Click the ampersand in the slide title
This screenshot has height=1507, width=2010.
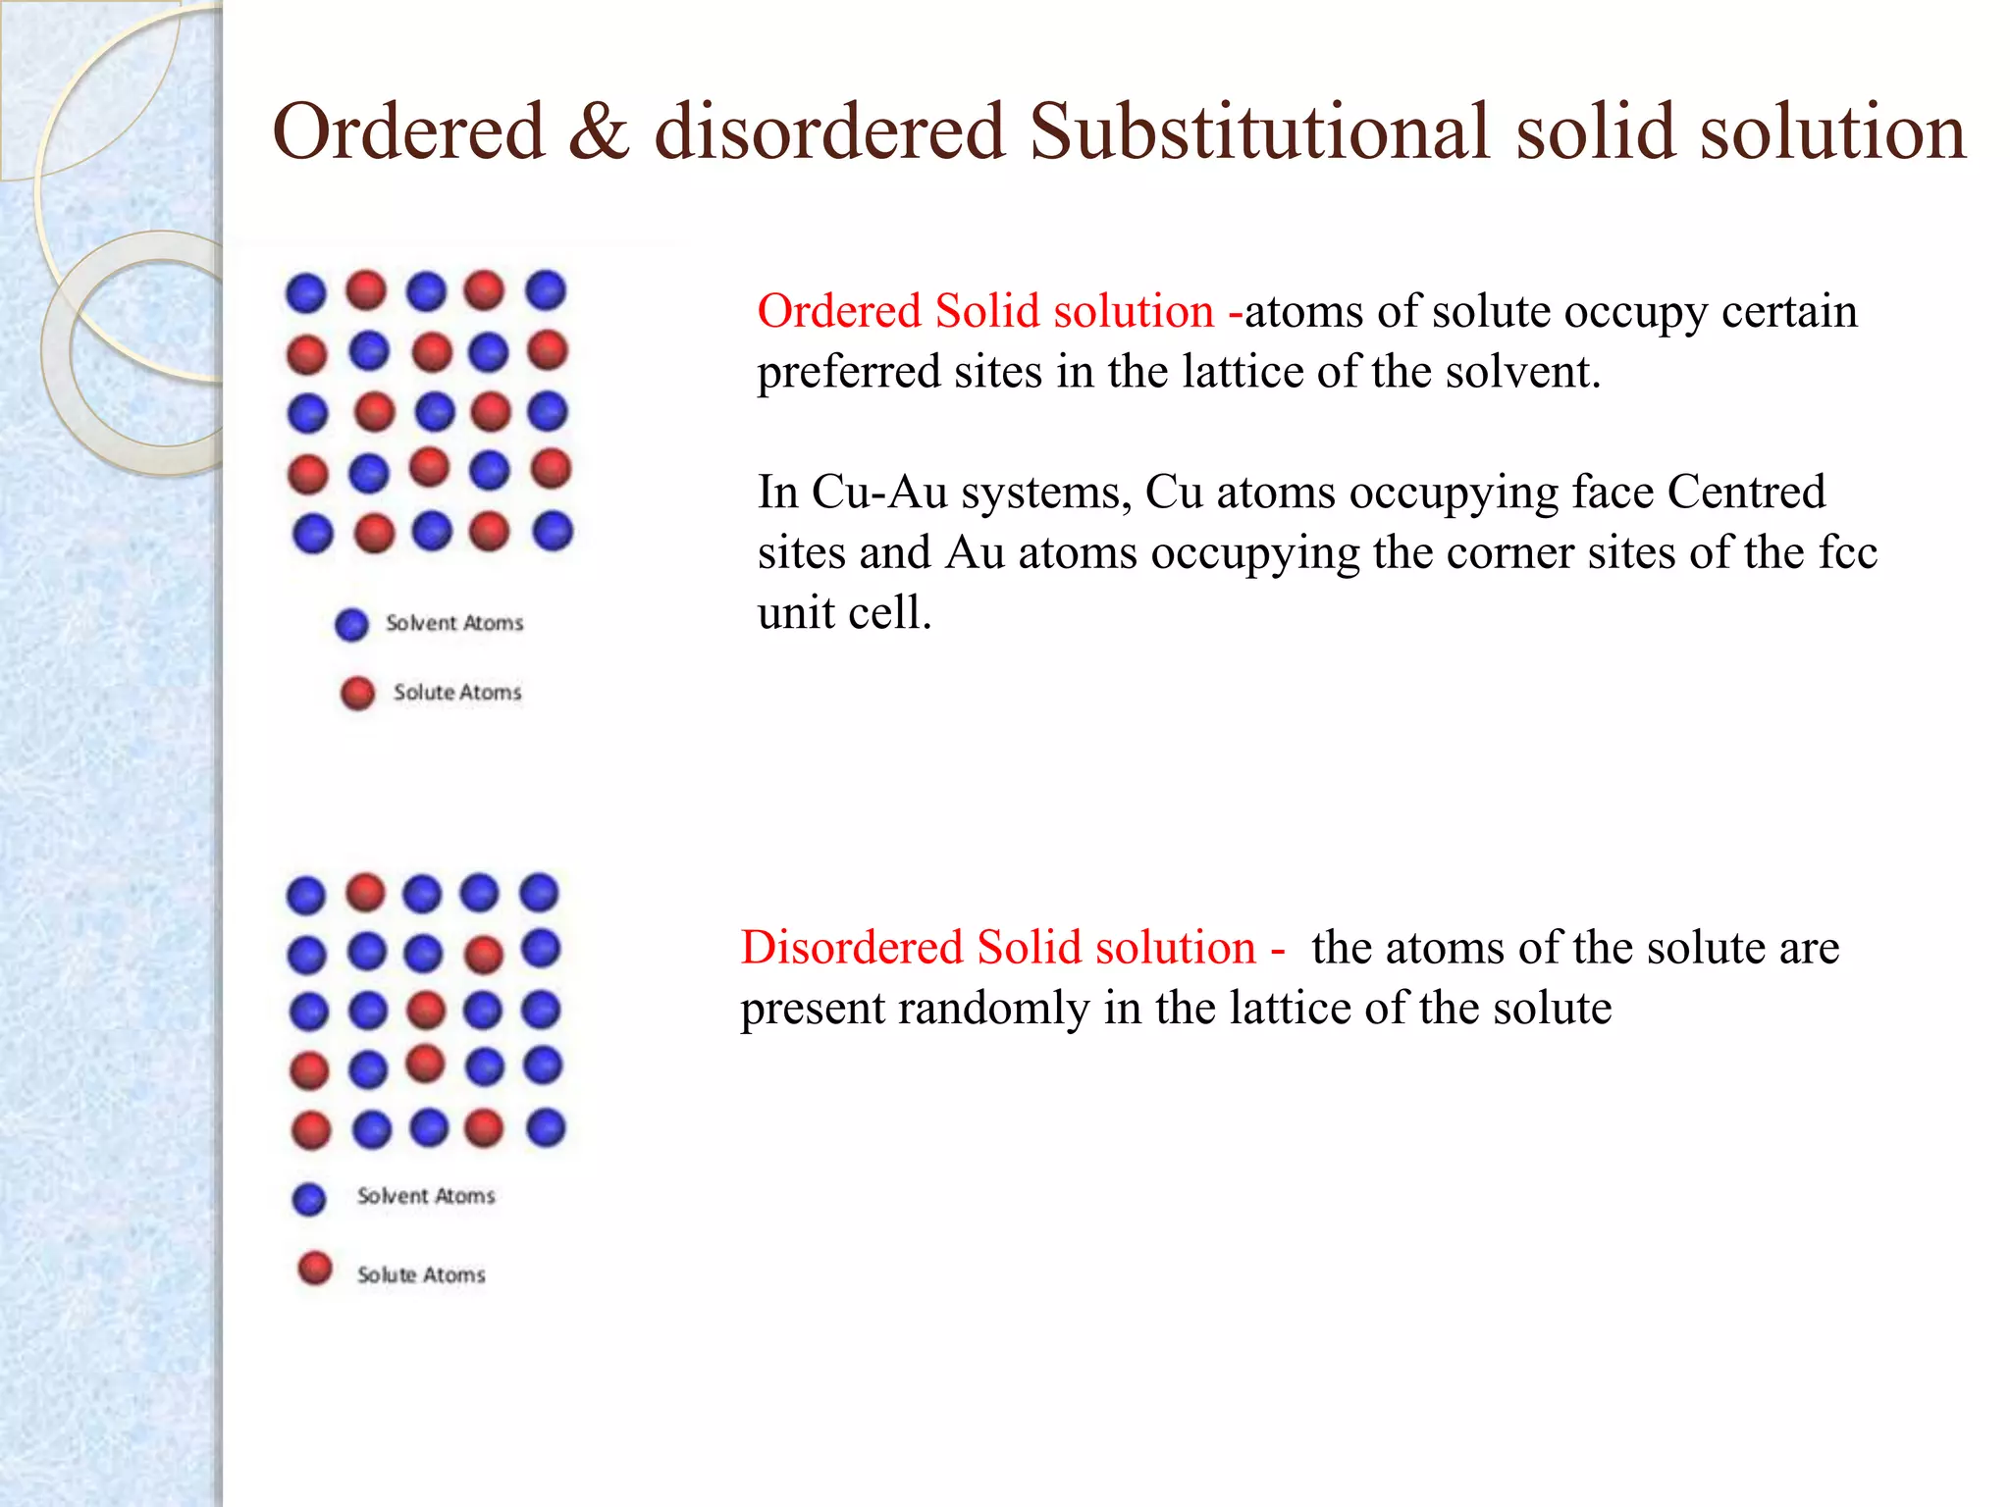(x=598, y=132)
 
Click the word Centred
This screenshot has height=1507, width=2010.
(x=1746, y=493)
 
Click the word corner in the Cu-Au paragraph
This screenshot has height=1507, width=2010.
(x=1433, y=552)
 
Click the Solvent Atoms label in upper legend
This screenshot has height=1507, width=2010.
(x=454, y=623)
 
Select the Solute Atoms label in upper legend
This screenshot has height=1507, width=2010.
(x=457, y=693)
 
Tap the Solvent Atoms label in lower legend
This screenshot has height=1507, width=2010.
(x=426, y=1196)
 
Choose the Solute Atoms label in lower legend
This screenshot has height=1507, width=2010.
(x=421, y=1274)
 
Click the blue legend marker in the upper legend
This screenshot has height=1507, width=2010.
(x=351, y=624)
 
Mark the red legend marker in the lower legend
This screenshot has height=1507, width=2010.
(x=315, y=1268)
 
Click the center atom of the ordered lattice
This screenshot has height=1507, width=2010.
(x=435, y=412)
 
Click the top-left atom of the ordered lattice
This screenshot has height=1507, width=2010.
(x=306, y=292)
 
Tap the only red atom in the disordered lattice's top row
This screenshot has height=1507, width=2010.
(x=366, y=893)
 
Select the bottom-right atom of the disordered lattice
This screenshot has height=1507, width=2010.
(x=546, y=1127)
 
